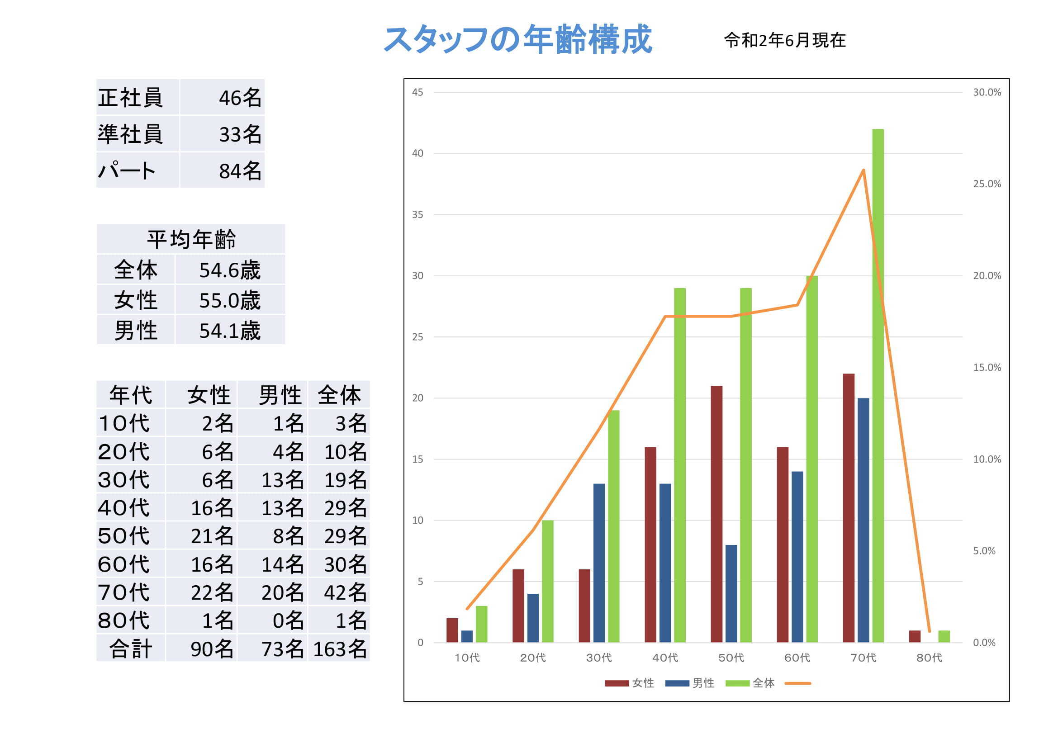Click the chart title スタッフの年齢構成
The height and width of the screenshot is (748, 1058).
coord(518,40)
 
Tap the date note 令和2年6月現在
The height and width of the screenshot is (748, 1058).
coord(784,41)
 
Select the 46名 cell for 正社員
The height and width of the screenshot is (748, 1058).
coord(240,98)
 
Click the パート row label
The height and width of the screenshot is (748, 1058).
coord(127,171)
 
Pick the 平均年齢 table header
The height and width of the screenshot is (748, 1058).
coord(191,239)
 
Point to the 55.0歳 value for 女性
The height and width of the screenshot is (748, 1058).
coord(229,300)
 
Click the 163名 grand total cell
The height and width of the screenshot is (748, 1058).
coord(340,649)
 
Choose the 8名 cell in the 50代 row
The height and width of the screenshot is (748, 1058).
coord(288,535)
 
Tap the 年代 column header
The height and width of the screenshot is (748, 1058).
coord(130,395)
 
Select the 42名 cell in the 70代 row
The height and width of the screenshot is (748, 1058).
coord(345,592)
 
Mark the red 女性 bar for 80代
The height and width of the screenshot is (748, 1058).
coord(914,636)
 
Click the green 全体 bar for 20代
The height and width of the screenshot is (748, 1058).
coord(547,581)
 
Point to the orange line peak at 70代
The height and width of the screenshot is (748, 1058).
coord(863,170)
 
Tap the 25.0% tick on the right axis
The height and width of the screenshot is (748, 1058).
coord(987,184)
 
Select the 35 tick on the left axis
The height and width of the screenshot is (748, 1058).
coord(417,214)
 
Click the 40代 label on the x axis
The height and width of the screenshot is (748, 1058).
coord(665,658)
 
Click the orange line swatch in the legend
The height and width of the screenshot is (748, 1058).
coord(797,683)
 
